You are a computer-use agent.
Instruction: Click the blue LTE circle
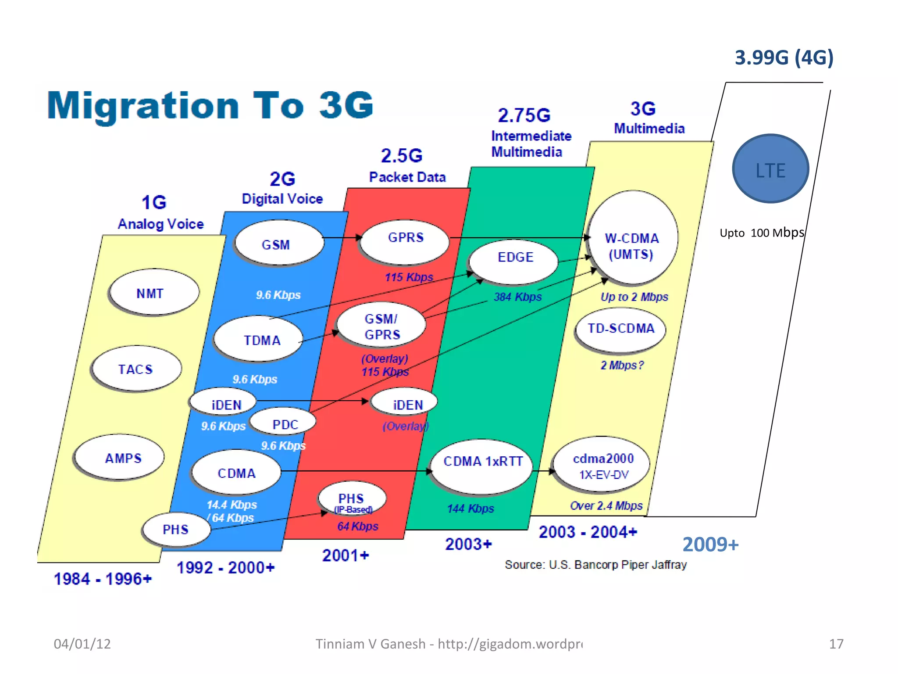(770, 169)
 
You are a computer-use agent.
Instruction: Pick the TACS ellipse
(136, 369)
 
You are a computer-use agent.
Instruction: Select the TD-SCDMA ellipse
(620, 329)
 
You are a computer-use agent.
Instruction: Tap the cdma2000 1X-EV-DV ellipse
(602, 465)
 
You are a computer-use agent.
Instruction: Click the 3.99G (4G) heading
(784, 57)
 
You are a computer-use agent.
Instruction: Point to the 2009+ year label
(710, 545)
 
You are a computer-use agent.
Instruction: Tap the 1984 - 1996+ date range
(103, 579)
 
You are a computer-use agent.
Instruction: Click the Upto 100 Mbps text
(762, 233)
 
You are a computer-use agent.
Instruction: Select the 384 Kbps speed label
(517, 297)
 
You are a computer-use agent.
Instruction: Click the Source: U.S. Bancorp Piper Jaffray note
(595, 565)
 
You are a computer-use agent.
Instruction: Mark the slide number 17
(836, 644)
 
